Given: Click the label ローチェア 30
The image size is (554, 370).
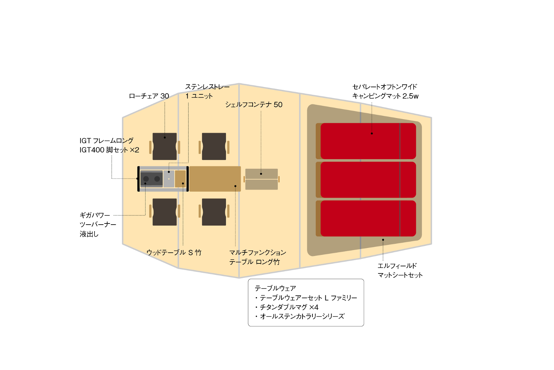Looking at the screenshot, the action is (149, 96).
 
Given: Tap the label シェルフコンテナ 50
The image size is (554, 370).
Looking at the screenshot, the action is (254, 105).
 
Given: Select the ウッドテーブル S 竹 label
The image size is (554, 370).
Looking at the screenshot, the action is (174, 253).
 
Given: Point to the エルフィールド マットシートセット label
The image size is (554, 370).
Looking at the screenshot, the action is (400, 270).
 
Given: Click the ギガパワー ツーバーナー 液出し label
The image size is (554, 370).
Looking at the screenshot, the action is (98, 225).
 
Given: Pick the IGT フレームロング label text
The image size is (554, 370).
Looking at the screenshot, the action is (106, 141).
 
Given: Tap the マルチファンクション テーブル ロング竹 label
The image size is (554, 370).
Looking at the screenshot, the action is (258, 257).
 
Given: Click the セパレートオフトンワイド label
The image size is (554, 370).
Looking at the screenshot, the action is (384, 87).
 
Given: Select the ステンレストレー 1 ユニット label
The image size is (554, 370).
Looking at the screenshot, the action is (207, 91).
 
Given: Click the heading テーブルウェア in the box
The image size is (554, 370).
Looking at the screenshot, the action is (275, 288).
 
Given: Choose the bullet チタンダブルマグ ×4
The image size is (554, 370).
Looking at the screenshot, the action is (287, 307).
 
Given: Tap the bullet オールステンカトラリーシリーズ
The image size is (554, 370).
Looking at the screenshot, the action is (300, 316).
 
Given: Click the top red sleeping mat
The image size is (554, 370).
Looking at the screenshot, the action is (368, 141).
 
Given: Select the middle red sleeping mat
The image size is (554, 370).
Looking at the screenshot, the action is (368, 180).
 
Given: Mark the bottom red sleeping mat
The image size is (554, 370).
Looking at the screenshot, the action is (368, 218).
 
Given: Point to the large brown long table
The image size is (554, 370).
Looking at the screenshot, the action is (215, 179).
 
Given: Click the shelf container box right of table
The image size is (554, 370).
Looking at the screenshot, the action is (261, 179).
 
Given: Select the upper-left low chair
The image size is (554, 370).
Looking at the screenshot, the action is (164, 147).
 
